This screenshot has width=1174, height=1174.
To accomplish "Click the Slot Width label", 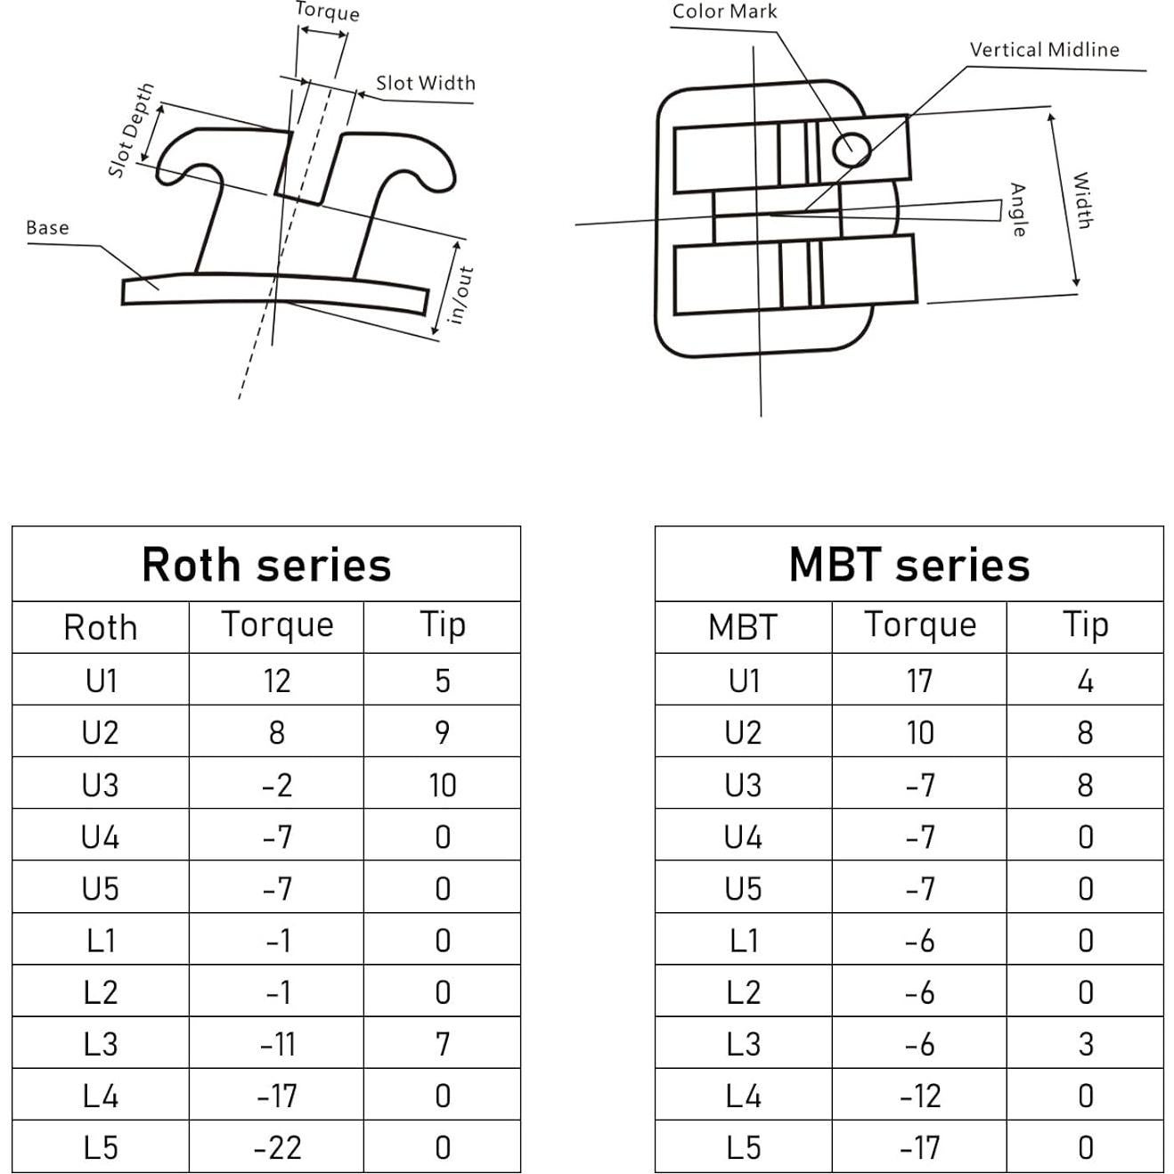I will coord(425,83).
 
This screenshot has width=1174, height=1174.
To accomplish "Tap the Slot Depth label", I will coord(130,131).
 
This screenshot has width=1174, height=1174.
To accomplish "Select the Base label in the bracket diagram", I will coord(47,228).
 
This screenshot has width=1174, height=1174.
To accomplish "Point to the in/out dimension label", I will coord(460,296).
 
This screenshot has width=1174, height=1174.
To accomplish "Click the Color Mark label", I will coord(724,12).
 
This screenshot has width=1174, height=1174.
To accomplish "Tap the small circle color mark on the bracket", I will coord(851,148).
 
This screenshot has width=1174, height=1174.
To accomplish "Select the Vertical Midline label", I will coord(1044,50).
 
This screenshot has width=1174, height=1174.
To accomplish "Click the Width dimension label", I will coord(1081,200).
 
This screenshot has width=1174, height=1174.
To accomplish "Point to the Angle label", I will coord(1017,210).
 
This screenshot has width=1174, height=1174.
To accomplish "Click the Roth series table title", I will coord(266,565).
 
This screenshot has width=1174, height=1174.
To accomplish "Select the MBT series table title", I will coord(909,565).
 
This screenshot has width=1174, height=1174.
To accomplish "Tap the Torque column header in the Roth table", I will coord(277,625).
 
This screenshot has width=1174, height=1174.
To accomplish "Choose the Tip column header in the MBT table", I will coord(1085,625).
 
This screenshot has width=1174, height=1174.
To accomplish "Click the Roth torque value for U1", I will coord(277,681).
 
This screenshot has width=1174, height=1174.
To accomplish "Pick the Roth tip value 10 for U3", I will coord(442,785).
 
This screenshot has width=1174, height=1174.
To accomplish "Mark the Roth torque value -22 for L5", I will coord(277,1147).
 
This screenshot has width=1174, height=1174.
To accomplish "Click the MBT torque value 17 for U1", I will coord(919,681).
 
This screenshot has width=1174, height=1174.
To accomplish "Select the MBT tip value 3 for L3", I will coord(1085,1043).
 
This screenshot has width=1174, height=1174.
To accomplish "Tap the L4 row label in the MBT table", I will coord(743,1096).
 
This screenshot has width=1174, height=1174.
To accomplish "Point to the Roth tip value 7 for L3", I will coord(442,1043).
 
